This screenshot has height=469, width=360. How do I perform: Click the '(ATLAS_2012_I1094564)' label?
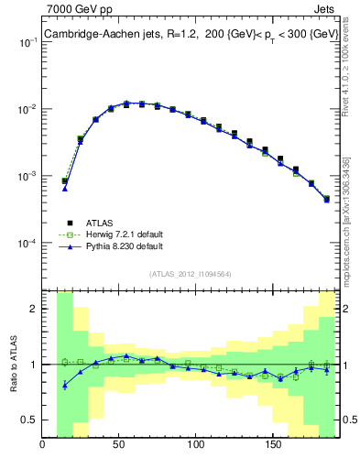[x=190, y=273]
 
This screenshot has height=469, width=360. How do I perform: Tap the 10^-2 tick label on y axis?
[x=27, y=110]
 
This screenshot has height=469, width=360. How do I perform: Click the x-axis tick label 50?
[x=119, y=446]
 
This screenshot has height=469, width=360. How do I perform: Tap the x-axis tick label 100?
[x=195, y=446]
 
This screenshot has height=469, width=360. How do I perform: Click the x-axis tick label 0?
[x=43, y=446]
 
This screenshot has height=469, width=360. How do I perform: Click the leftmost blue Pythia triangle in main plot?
[x=65, y=188]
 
